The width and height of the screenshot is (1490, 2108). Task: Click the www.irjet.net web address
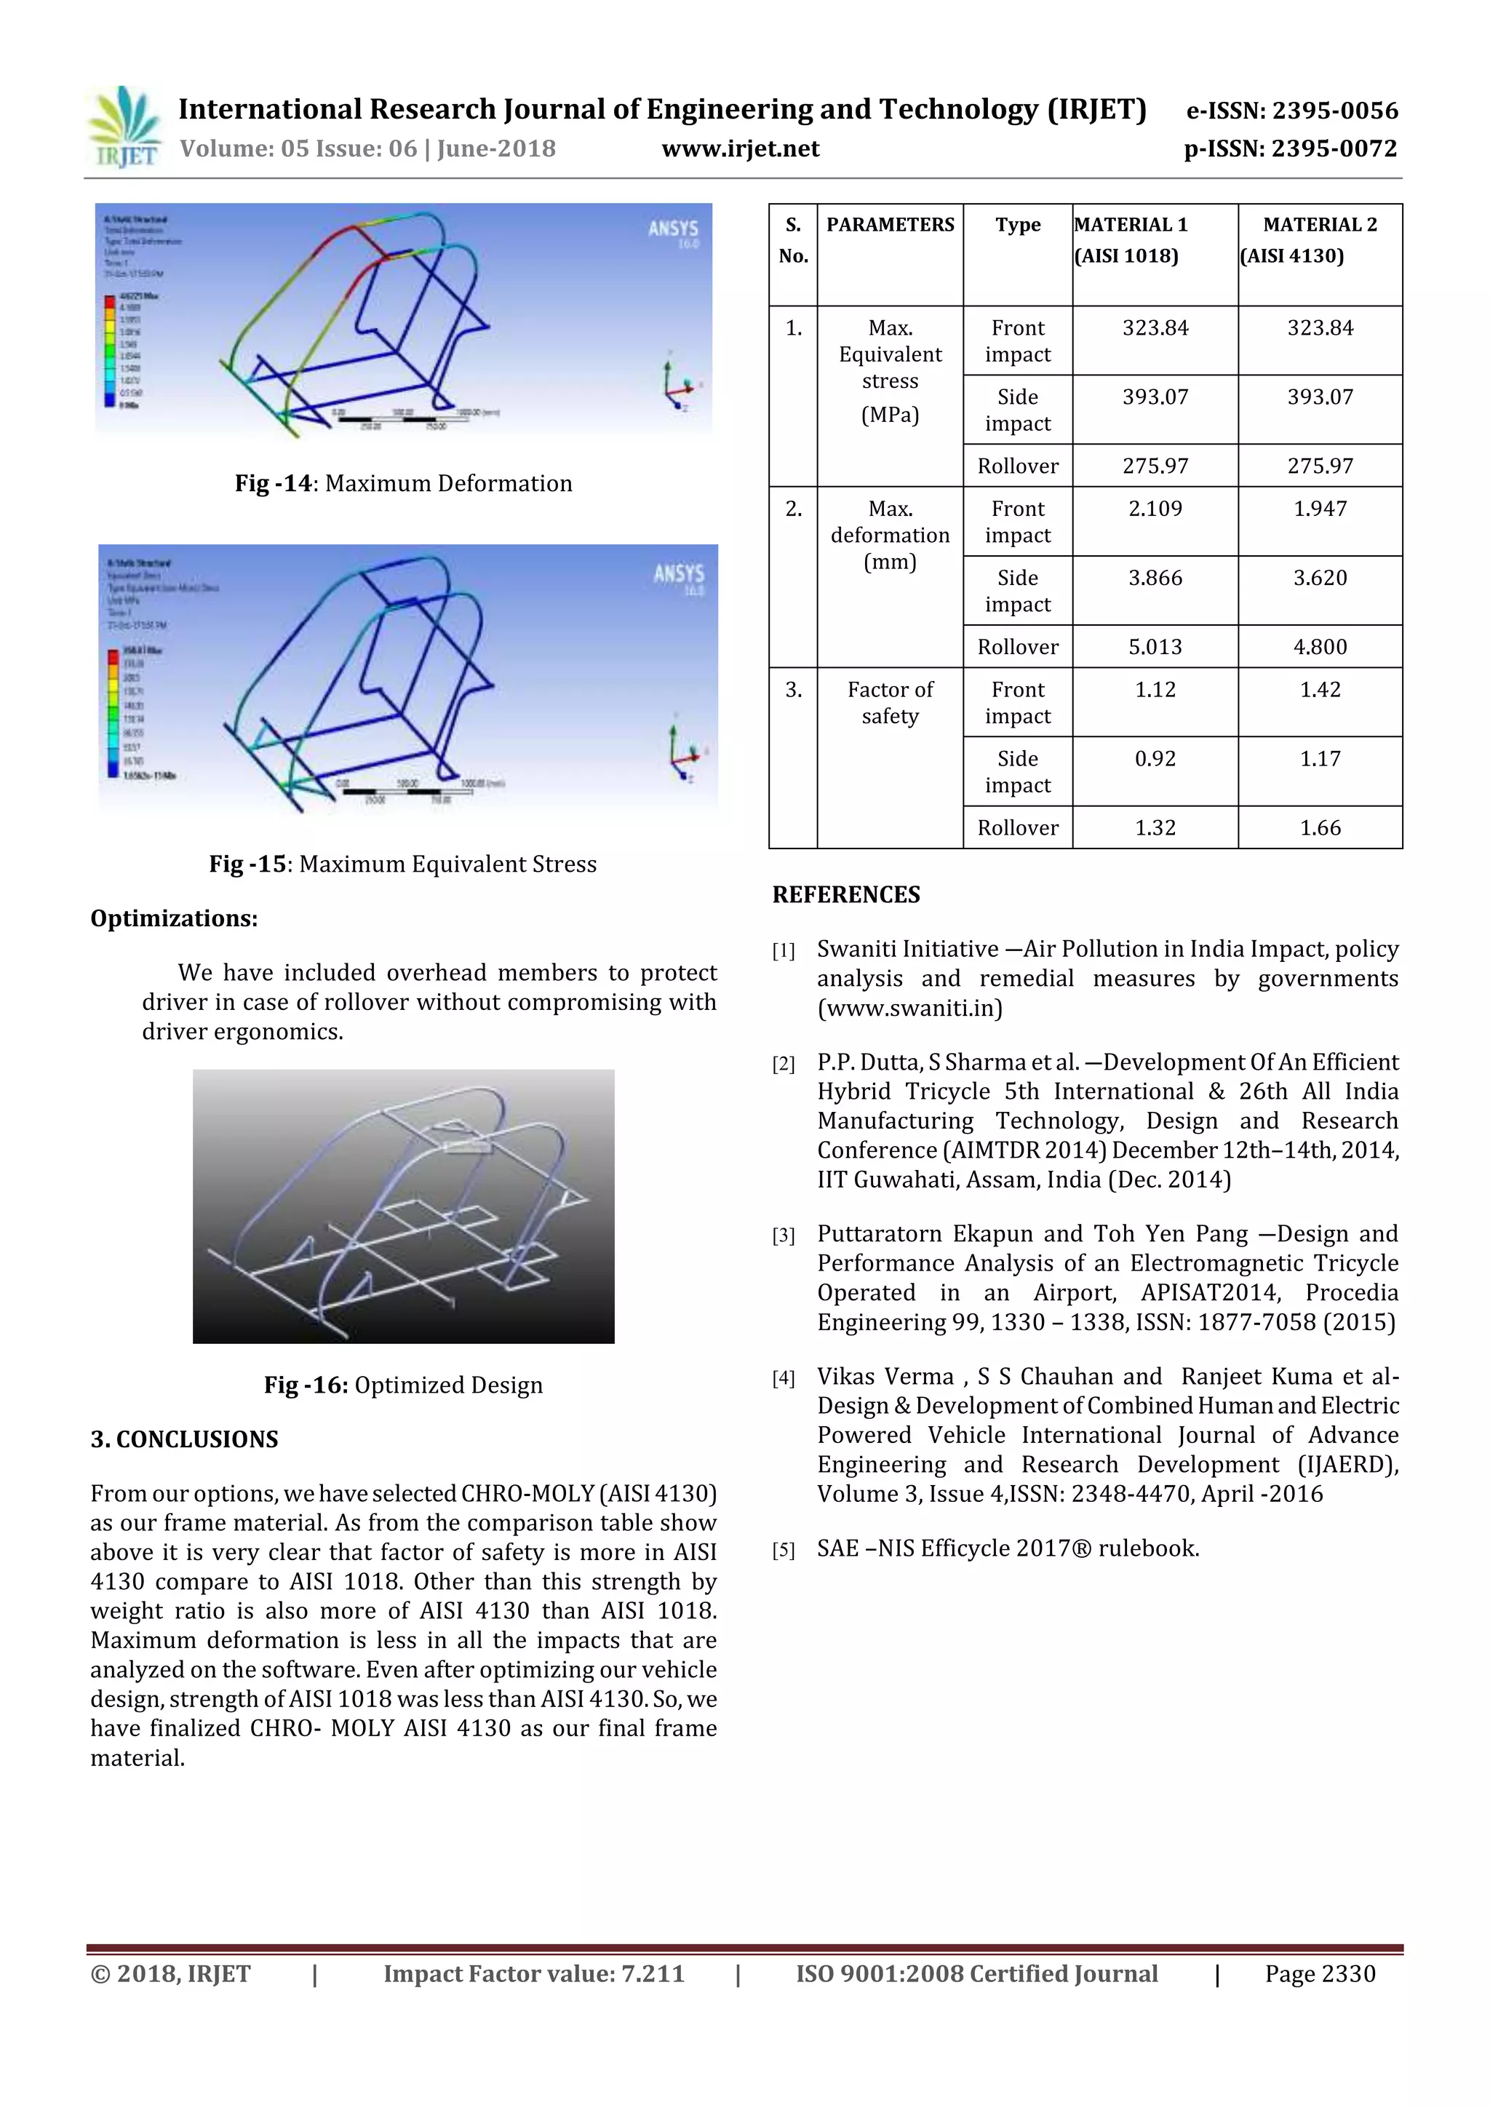click(x=740, y=148)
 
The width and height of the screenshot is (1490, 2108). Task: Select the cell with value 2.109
click(x=1154, y=509)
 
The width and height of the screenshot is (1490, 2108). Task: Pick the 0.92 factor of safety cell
click(x=1154, y=759)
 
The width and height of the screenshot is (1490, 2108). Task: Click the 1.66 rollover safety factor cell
click(x=1319, y=828)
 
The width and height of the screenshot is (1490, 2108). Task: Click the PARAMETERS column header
click(x=890, y=225)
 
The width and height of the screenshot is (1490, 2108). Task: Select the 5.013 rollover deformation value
click(x=1154, y=648)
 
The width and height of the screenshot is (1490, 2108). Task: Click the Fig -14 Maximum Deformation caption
click(x=403, y=484)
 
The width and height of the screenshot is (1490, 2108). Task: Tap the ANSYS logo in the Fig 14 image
click(x=673, y=229)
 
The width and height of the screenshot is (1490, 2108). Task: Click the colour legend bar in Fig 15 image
click(x=113, y=712)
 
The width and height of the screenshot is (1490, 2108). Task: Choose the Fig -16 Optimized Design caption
click(x=403, y=1385)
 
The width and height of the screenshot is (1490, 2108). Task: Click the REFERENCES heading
click(x=845, y=895)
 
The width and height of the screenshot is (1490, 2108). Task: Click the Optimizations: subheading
click(x=173, y=919)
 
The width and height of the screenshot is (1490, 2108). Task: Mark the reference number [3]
click(x=783, y=1236)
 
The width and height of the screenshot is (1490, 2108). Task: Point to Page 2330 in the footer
click(x=1319, y=1974)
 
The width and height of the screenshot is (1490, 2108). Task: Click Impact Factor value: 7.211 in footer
click(x=533, y=1974)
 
